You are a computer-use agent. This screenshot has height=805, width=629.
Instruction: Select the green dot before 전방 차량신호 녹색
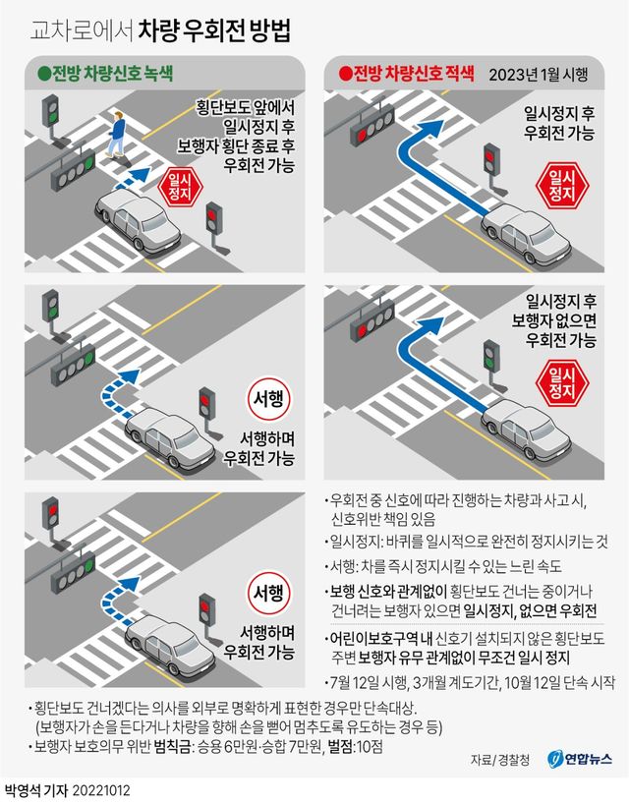coord(42,73)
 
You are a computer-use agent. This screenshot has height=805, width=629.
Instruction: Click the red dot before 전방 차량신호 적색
coord(343,73)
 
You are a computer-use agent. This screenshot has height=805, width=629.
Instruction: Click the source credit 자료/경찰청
coord(498,760)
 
